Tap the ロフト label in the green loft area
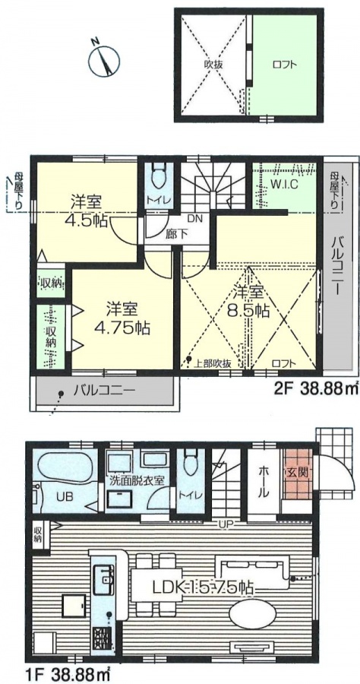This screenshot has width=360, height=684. [x=285, y=65]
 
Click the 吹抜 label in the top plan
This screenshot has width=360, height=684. [x=213, y=65]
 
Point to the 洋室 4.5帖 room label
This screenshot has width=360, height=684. [x=87, y=211]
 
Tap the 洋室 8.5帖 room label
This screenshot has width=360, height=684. [x=248, y=301]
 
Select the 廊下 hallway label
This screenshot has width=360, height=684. [x=176, y=233]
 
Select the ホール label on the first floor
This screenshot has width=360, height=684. [x=264, y=482]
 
